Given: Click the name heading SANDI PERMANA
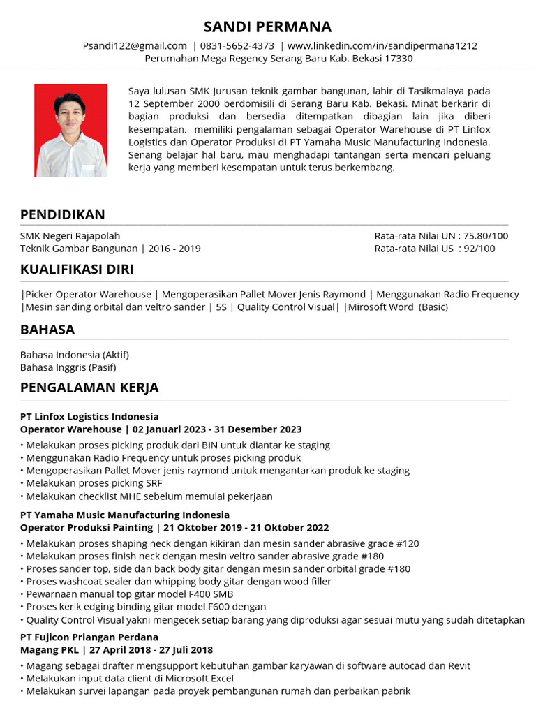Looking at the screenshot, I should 268,27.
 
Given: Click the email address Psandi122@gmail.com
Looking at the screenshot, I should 135,46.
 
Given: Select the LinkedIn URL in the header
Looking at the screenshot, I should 382,46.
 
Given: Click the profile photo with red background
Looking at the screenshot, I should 71,131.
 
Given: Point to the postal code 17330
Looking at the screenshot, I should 399,59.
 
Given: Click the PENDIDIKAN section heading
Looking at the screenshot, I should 63,215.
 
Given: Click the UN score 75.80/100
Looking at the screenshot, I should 486,236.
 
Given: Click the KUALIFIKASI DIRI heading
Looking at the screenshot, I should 77,270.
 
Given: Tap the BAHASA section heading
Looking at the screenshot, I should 47,330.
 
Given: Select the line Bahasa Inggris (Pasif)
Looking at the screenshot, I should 68,367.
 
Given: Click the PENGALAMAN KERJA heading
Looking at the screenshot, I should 89,388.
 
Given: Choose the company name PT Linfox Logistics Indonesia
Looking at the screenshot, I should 89,417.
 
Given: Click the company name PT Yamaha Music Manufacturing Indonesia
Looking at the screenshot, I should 124,515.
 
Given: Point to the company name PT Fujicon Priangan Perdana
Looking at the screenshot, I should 89,637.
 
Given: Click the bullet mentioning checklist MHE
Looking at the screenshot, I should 148,496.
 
